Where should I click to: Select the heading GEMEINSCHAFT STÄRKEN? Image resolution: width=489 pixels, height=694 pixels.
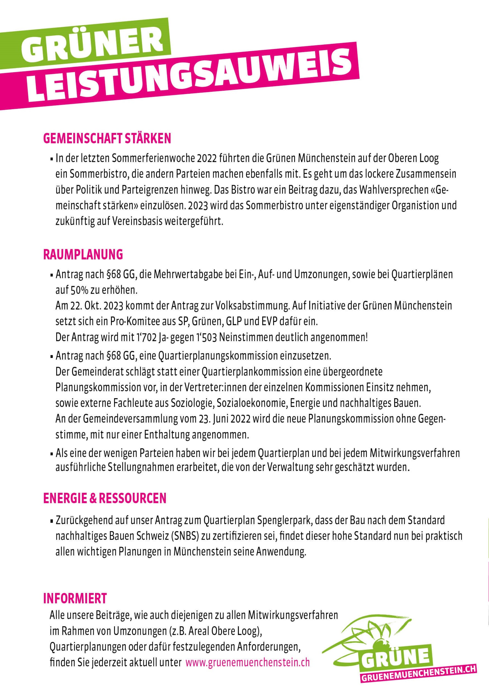(107, 138)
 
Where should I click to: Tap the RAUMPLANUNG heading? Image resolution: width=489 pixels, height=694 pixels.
(83, 254)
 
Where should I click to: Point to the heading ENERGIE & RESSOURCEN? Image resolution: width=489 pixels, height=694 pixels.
(105, 498)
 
